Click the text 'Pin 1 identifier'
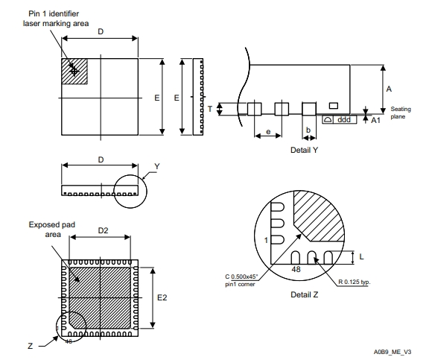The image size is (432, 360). pyautogui.click(x=54, y=13)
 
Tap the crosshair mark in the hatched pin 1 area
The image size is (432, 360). pyautogui.click(x=74, y=72)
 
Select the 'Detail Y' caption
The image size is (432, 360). pyautogui.click(x=304, y=150)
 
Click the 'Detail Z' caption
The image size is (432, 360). pyautogui.click(x=304, y=294)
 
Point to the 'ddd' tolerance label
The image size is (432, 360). pyautogui.click(x=344, y=120)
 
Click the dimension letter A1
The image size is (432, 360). pyautogui.click(x=375, y=120)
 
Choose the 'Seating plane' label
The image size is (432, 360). pyautogui.click(x=400, y=113)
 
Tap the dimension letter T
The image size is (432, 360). pyautogui.click(x=210, y=109)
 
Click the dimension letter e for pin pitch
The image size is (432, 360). pyautogui.click(x=268, y=132)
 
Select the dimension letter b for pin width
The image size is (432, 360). pyautogui.click(x=308, y=130)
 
